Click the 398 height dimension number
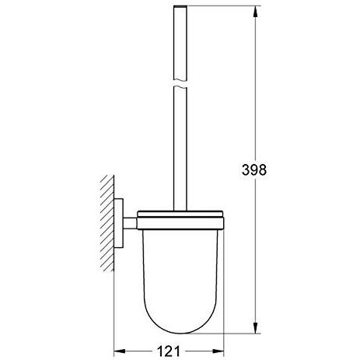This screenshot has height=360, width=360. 254,170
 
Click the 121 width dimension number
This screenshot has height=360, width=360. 169,351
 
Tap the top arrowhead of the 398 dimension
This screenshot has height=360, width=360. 255,12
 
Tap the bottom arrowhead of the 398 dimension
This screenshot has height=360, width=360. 255,327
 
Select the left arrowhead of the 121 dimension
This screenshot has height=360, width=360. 120,351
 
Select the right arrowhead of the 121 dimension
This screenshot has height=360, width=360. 218,351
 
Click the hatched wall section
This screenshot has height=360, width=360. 107,223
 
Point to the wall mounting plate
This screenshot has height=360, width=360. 119,223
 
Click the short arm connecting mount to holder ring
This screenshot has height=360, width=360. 130,223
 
